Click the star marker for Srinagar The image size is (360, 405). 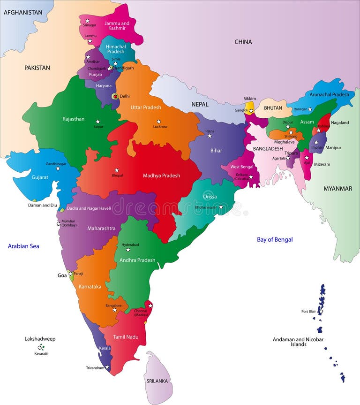(87, 21)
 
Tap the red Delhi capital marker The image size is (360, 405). (115, 96)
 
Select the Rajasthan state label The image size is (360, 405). (74, 119)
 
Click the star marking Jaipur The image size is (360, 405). (98, 121)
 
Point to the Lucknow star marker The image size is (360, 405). (158, 122)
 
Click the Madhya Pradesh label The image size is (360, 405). (161, 176)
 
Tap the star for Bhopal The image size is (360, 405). (117, 170)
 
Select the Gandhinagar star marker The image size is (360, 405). (58, 168)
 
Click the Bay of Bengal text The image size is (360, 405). (275, 239)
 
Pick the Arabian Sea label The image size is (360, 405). (23, 246)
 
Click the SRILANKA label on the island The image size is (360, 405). (157, 381)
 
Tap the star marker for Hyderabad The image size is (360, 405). (127, 250)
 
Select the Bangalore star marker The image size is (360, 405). (114, 310)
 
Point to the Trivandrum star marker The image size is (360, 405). (107, 367)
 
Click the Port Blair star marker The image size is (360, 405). (321, 311)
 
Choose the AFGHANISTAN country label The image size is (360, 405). (23, 12)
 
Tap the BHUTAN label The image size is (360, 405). (273, 108)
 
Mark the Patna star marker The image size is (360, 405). (210, 136)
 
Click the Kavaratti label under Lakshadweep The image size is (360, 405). (41, 353)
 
